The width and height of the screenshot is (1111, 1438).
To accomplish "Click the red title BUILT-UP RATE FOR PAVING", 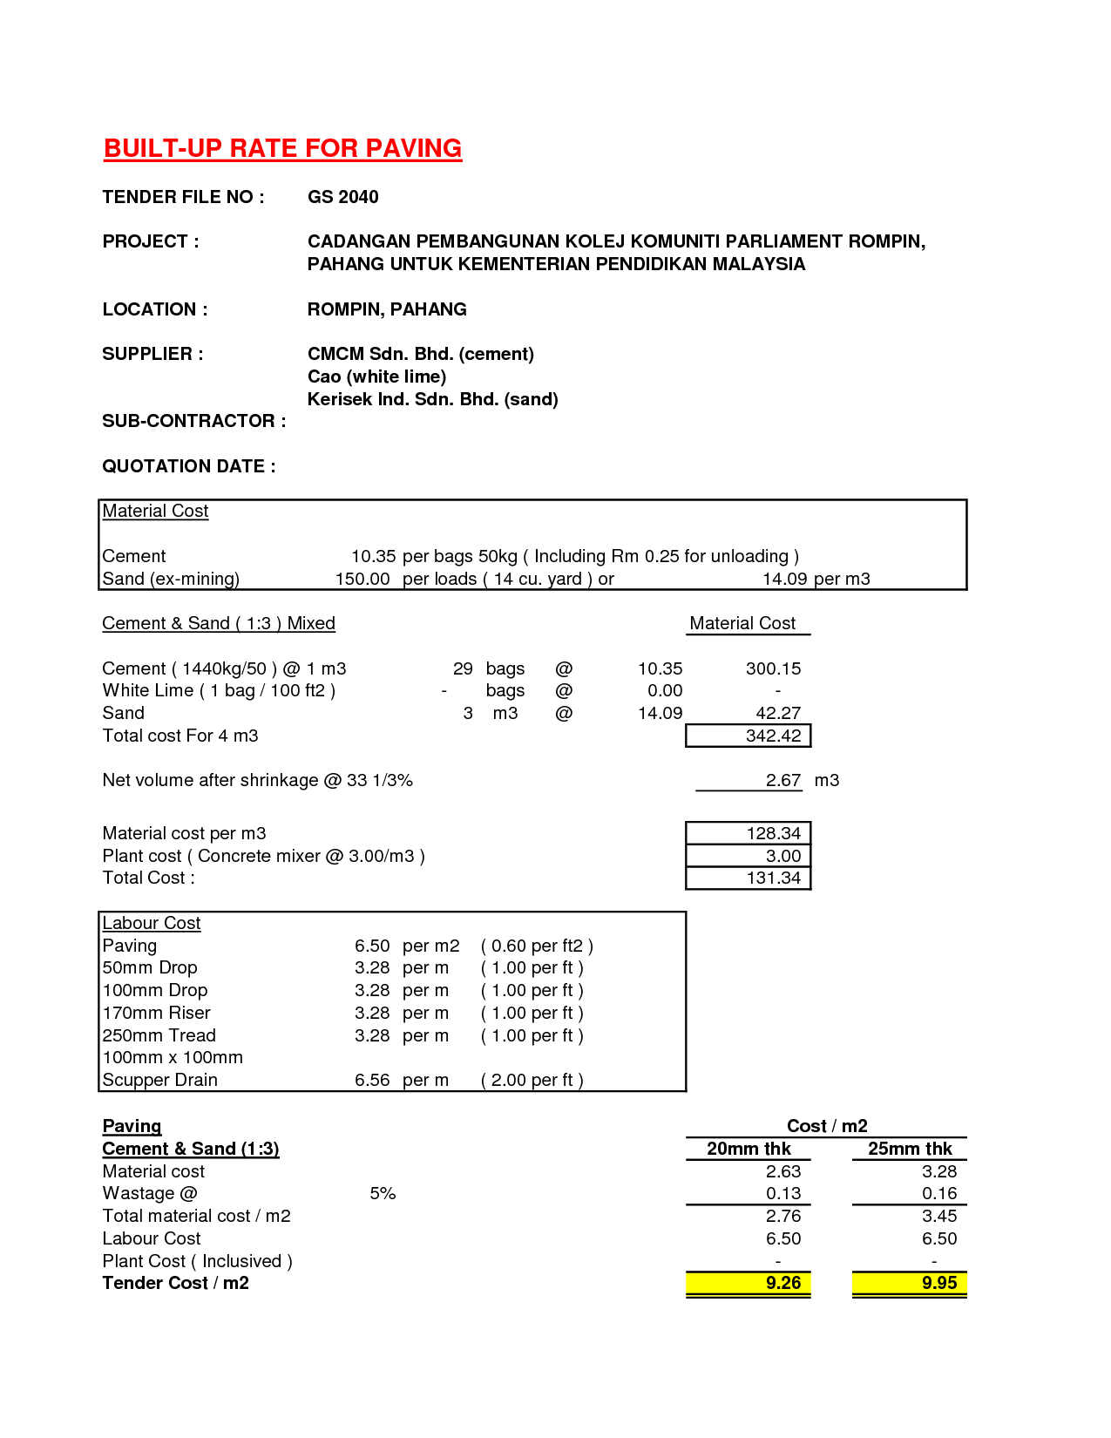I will [282, 148].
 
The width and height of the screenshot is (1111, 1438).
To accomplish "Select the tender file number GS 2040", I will [342, 197].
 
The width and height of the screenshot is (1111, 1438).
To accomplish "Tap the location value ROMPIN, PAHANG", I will [387, 309].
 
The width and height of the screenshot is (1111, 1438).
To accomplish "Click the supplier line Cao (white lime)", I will [376, 376].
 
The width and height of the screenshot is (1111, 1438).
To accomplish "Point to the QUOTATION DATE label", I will [189, 466].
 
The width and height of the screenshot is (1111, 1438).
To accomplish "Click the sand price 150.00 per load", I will [362, 579].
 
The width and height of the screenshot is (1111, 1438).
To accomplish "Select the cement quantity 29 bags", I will [463, 668].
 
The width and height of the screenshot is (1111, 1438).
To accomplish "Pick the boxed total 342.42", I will [773, 736].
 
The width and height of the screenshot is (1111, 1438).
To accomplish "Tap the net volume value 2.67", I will [782, 780].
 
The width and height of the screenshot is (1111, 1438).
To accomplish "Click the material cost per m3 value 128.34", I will [773, 833].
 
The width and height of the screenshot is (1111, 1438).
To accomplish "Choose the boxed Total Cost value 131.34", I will [773, 878].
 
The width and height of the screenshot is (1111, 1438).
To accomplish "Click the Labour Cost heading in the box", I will [152, 923].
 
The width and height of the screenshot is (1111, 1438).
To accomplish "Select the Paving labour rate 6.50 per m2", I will [372, 946].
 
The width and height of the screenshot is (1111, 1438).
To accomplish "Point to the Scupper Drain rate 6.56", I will [372, 1080].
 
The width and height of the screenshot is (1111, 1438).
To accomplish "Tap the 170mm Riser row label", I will [156, 1013].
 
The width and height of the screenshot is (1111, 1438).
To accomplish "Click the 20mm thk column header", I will [749, 1149].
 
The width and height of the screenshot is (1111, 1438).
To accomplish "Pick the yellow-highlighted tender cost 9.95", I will [938, 1283].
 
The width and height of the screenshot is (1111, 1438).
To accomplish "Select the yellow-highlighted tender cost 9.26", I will [782, 1283].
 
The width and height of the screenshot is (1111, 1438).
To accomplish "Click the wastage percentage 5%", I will [383, 1193].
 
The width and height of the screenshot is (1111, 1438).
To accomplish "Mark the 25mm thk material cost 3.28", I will [938, 1171].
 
